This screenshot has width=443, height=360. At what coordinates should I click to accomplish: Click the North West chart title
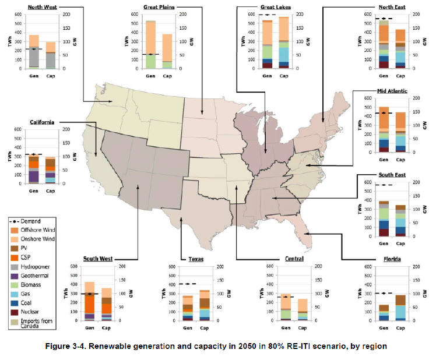pos(43,7)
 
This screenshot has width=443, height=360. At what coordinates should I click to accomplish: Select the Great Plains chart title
pos(159,7)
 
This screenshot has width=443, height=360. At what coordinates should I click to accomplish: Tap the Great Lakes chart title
pos(275,7)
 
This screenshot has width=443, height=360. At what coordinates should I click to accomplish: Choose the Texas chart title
pos(196,259)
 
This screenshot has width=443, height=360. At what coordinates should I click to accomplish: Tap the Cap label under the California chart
pos(51,190)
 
